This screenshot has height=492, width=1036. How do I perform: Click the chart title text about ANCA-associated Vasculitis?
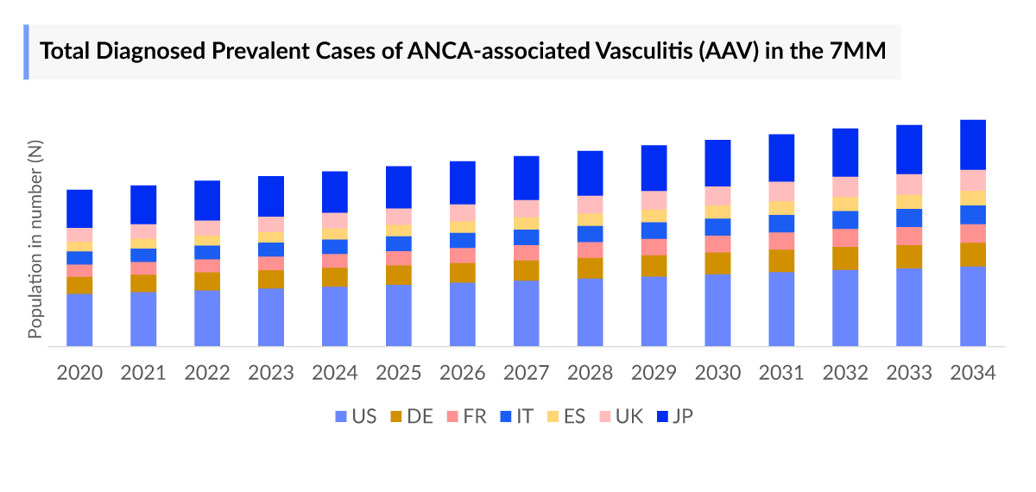[x=464, y=52]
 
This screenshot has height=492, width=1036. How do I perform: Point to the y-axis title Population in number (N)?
[x=35, y=242]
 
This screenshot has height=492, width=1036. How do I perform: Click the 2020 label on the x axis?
[x=79, y=372]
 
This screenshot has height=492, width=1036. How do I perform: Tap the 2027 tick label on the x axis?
[x=527, y=372]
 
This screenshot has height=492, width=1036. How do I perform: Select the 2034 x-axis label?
[x=973, y=372]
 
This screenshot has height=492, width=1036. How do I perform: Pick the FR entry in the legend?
[x=464, y=417]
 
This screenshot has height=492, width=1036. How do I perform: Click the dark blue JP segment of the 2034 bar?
[x=973, y=144]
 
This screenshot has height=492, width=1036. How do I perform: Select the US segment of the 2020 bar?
[x=79, y=319]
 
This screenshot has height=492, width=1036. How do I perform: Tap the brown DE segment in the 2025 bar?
[x=399, y=274]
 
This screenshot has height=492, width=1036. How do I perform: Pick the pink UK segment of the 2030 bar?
[x=717, y=196]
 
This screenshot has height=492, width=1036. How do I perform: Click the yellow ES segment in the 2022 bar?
[x=207, y=241]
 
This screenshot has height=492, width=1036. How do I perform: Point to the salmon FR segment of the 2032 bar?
[x=845, y=238]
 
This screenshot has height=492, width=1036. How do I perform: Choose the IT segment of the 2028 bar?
[x=591, y=234]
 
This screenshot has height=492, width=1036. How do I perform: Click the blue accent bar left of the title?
[x=26, y=52]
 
